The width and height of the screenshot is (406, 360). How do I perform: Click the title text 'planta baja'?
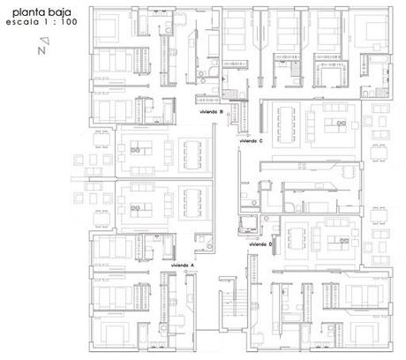41,12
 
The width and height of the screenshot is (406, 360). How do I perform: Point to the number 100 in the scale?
70,22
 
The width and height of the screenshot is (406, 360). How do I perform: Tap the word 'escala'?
22,22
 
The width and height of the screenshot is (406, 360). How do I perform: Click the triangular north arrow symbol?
45,41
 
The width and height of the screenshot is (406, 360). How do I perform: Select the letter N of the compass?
41,50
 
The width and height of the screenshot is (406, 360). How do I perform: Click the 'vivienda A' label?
183,266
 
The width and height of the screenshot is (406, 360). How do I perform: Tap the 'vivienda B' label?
211,112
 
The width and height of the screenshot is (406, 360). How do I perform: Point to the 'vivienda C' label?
252,141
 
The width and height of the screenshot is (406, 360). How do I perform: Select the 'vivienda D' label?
260,244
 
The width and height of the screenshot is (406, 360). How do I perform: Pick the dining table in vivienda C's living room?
286,124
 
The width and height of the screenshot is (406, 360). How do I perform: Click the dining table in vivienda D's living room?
297,238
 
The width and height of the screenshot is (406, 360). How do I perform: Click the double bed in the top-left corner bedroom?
108,27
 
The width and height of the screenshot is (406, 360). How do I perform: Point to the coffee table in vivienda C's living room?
335,125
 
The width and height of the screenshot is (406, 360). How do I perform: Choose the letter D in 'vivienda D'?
270,244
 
